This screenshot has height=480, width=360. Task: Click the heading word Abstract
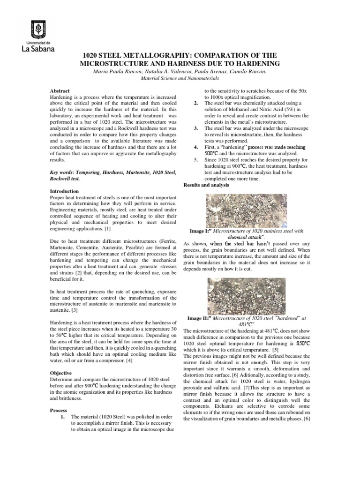pos(60,90)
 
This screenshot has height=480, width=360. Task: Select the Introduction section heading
pos(65,191)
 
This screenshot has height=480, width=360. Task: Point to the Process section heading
pos(59,410)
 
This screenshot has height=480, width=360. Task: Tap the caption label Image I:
pos(201,231)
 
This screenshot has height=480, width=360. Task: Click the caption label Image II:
pos(199,318)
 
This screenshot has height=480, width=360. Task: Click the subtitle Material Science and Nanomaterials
pos(180,79)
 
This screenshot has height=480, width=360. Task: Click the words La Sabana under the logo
pos(38,48)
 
